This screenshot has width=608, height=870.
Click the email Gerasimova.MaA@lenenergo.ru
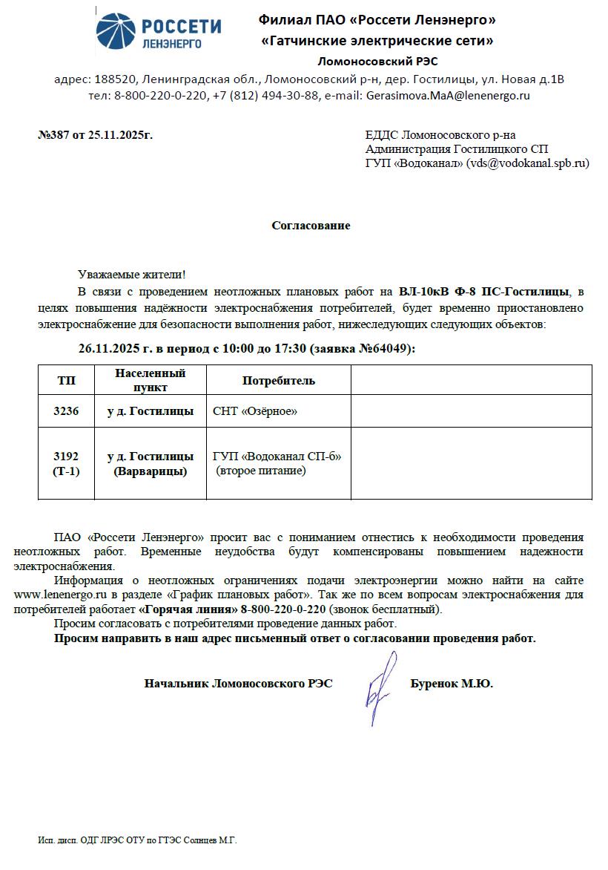point(448,96)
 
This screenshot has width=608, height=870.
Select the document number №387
point(53,135)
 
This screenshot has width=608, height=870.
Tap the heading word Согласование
point(311,226)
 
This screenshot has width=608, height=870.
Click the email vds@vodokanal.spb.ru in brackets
point(527,163)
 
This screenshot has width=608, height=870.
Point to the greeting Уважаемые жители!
point(132,275)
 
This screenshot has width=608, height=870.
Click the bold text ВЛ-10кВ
point(423,290)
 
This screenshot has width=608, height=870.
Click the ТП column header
point(66,380)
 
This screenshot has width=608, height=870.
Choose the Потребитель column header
point(278,381)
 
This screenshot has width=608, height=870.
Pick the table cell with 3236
point(66,411)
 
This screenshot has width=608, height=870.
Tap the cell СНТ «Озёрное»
point(254,411)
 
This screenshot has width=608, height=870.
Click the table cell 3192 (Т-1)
point(66,463)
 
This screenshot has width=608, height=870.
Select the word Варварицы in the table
point(150,471)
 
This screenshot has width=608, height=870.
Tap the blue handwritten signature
point(378,687)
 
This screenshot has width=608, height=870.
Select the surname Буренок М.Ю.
point(451,684)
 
